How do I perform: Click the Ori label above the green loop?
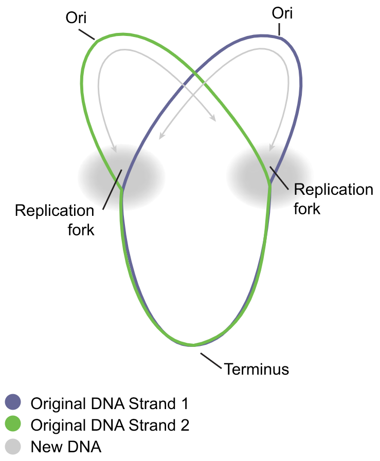tap(77, 19)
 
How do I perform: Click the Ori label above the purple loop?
tap(281, 13)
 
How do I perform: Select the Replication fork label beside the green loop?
tap(55, 219)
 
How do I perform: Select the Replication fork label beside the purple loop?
tap(333, 198)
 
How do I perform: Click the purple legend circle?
tap(12, 402)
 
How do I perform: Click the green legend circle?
tap(12, 425)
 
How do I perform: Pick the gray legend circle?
tap(12, 447)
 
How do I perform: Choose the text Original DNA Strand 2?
tap(110, 425)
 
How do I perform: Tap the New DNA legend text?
tap(66, 447)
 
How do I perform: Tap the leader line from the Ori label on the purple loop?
tap(280, 29)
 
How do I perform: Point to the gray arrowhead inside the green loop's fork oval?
tap(115, 149)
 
